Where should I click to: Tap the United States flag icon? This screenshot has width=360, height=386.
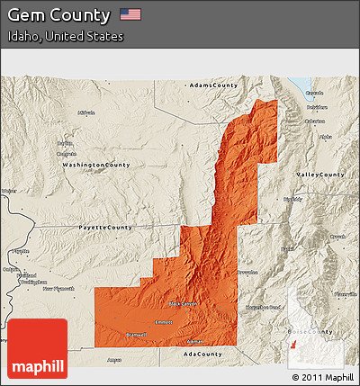(x=130, y=14)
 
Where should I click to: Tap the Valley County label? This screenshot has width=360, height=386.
(x=320, y=174)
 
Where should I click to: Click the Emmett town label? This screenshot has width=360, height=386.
(x=164, y=322)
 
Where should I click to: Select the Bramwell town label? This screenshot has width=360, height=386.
(x=136, y=334)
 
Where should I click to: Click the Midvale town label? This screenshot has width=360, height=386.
(x=86, y=113)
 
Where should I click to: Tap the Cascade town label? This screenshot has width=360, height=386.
(x=314, y=93)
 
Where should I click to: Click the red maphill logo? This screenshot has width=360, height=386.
(x=38, y=348)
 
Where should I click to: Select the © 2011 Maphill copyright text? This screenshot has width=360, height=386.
(x=321, y=376)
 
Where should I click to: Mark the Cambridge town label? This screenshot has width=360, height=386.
(x=65, y=154)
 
